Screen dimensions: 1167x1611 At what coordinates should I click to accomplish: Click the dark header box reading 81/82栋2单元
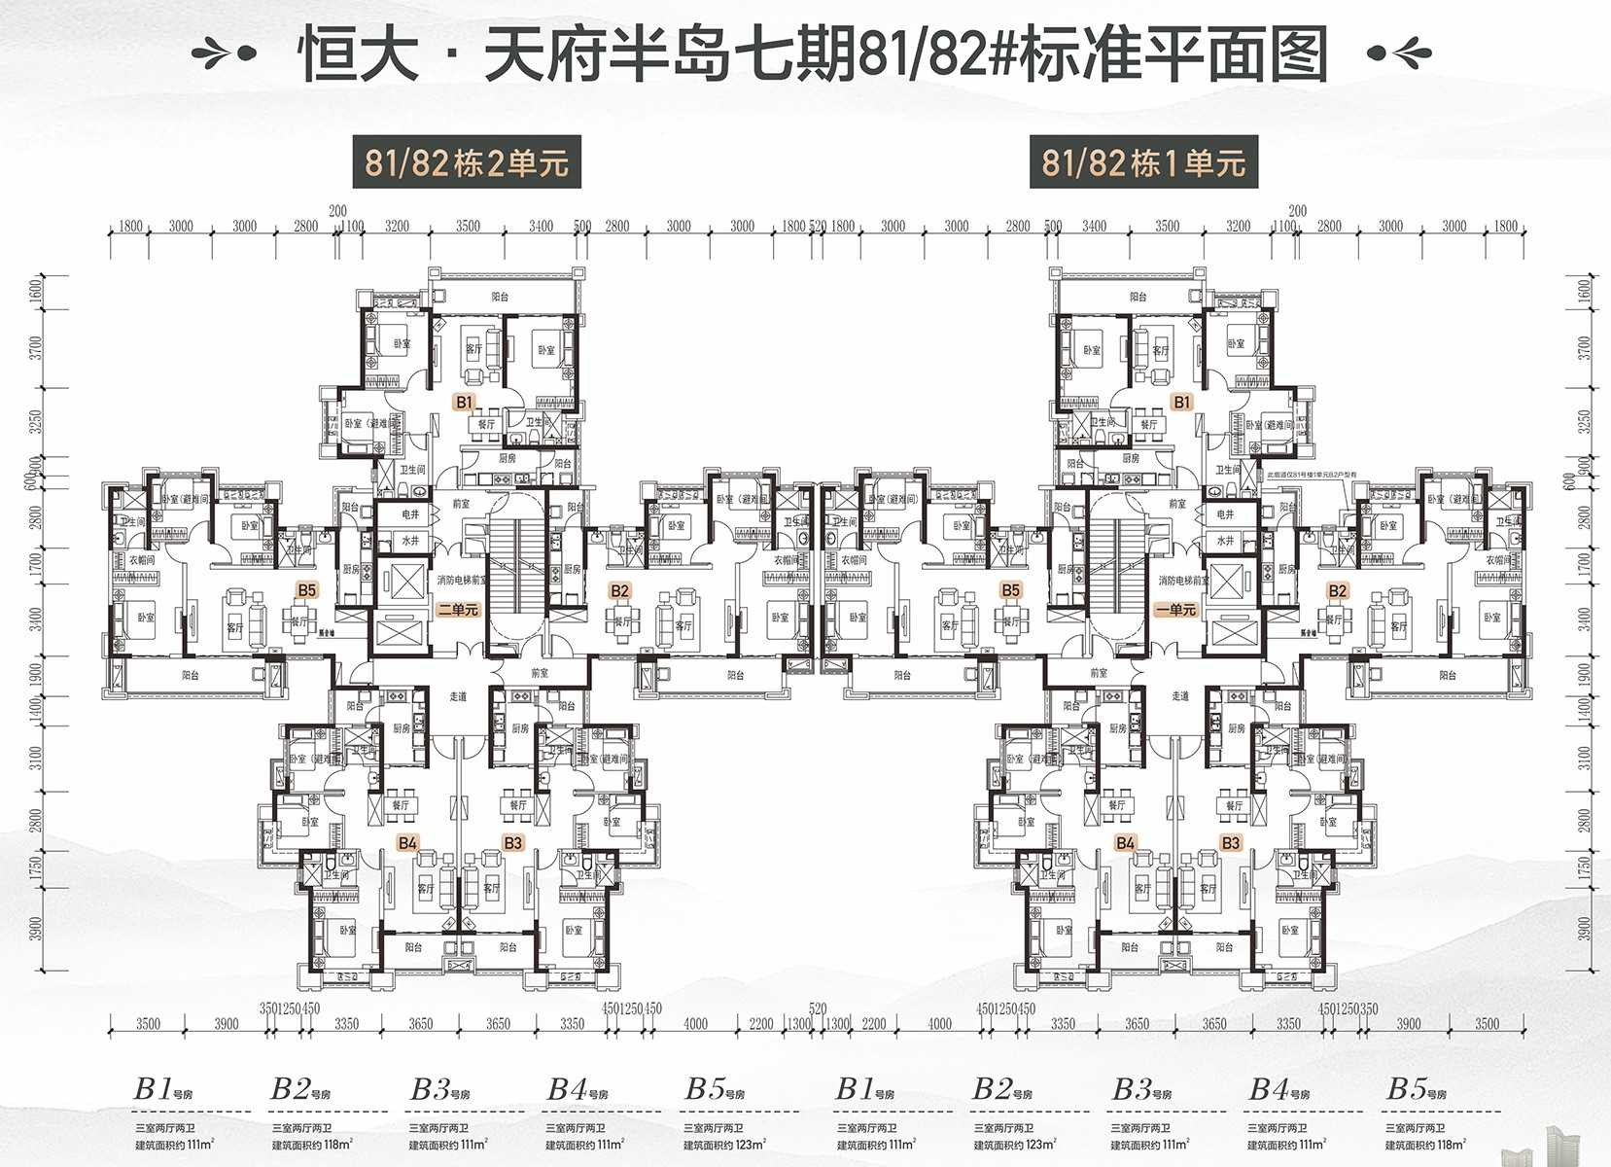466,161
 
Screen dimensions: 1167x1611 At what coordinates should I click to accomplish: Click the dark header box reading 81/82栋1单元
1143,161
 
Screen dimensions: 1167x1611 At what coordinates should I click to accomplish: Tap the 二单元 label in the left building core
458,610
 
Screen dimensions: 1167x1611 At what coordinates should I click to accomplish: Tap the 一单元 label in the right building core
1175,610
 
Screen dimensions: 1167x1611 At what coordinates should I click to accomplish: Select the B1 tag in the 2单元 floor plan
464,402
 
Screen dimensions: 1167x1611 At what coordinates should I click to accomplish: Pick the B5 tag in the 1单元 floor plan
1010,590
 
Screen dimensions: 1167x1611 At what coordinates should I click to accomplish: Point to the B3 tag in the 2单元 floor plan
512,843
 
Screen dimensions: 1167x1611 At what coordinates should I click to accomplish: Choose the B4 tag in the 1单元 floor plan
1125,843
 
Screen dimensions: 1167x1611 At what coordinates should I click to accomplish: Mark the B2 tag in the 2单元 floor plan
619,590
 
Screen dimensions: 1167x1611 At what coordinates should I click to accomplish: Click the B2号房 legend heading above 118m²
300,1090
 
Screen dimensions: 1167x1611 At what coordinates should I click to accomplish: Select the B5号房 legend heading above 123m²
715,1090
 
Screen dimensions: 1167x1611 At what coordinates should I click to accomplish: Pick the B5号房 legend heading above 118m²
1416,1090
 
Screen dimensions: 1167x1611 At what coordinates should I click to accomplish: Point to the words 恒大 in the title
358,54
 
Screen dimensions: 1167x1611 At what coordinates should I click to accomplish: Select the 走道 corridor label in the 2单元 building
458,696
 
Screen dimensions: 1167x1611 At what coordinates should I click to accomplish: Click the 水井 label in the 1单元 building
1225,541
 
